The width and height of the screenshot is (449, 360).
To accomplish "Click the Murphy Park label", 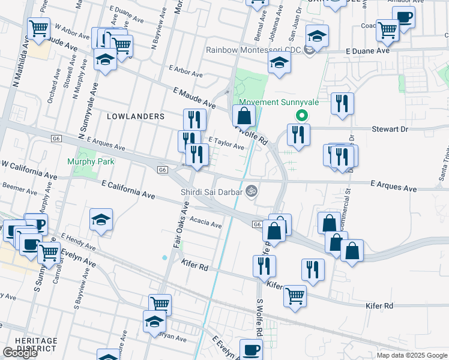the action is click(91, 161).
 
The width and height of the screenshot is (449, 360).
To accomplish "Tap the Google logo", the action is click(19, 353).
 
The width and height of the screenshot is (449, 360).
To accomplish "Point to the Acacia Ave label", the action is click(206, 225).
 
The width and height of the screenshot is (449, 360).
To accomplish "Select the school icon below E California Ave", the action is click(101, 220).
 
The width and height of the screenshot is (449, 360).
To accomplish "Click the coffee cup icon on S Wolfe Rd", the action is click(251, 350).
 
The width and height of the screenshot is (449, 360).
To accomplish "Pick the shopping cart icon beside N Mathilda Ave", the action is click(38, 28).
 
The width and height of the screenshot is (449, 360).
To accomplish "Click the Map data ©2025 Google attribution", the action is click(412, 355).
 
